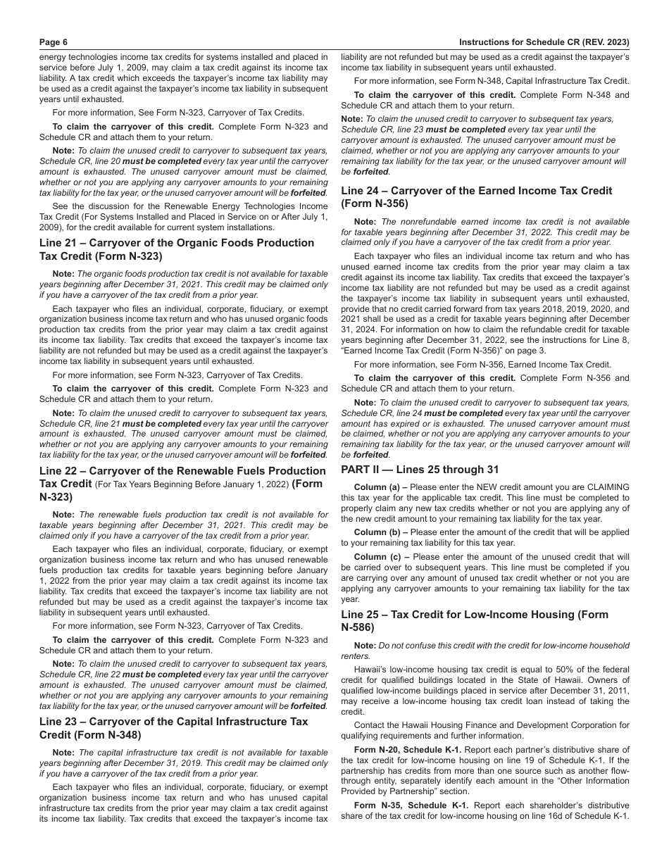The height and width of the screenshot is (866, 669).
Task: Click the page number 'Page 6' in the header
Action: (54, 42)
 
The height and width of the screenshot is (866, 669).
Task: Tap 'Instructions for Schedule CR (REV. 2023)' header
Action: (544, 42)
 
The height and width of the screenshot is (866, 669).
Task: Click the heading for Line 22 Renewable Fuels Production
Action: (182, 477)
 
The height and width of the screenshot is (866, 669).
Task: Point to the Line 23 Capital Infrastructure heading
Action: (174, 728)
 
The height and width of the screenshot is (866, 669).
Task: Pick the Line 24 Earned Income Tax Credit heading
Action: (477, 197)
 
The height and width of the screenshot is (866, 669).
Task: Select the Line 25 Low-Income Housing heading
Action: (475, 621)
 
